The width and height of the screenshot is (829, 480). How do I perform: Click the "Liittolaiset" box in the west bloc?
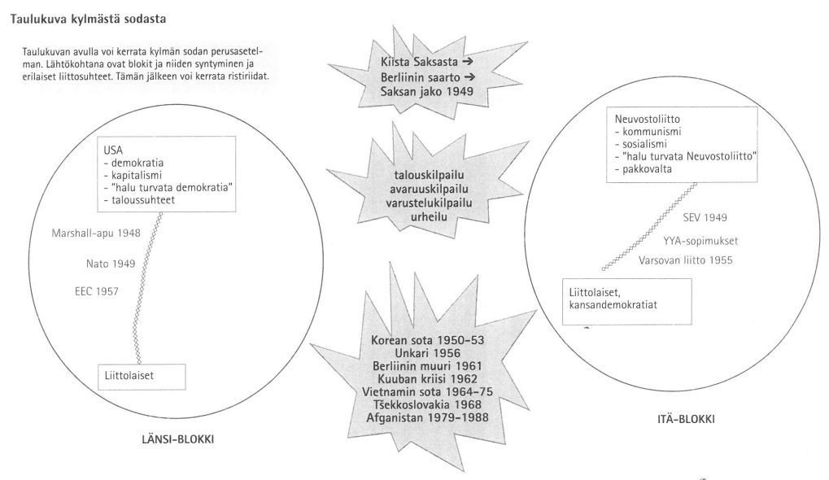pyautogui.click(x=141, y=377)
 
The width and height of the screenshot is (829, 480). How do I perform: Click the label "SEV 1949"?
pyautogui.click(x=704, y=218)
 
